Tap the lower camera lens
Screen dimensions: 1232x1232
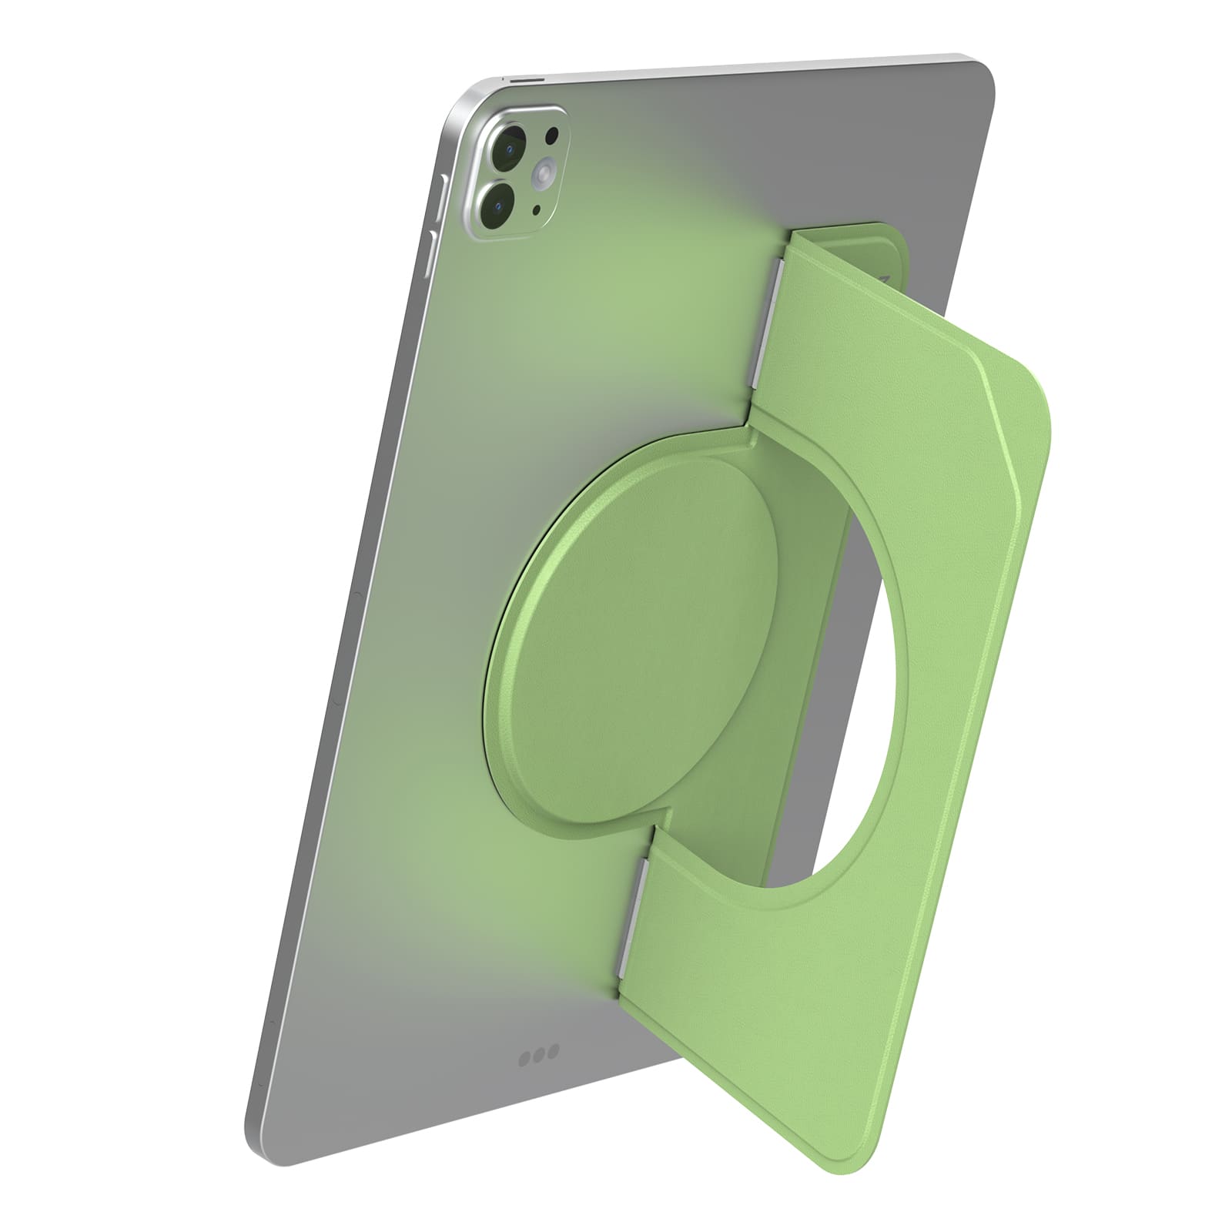(x=499, y=204)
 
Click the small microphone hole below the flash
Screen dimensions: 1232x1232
(x=537, y=209)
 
